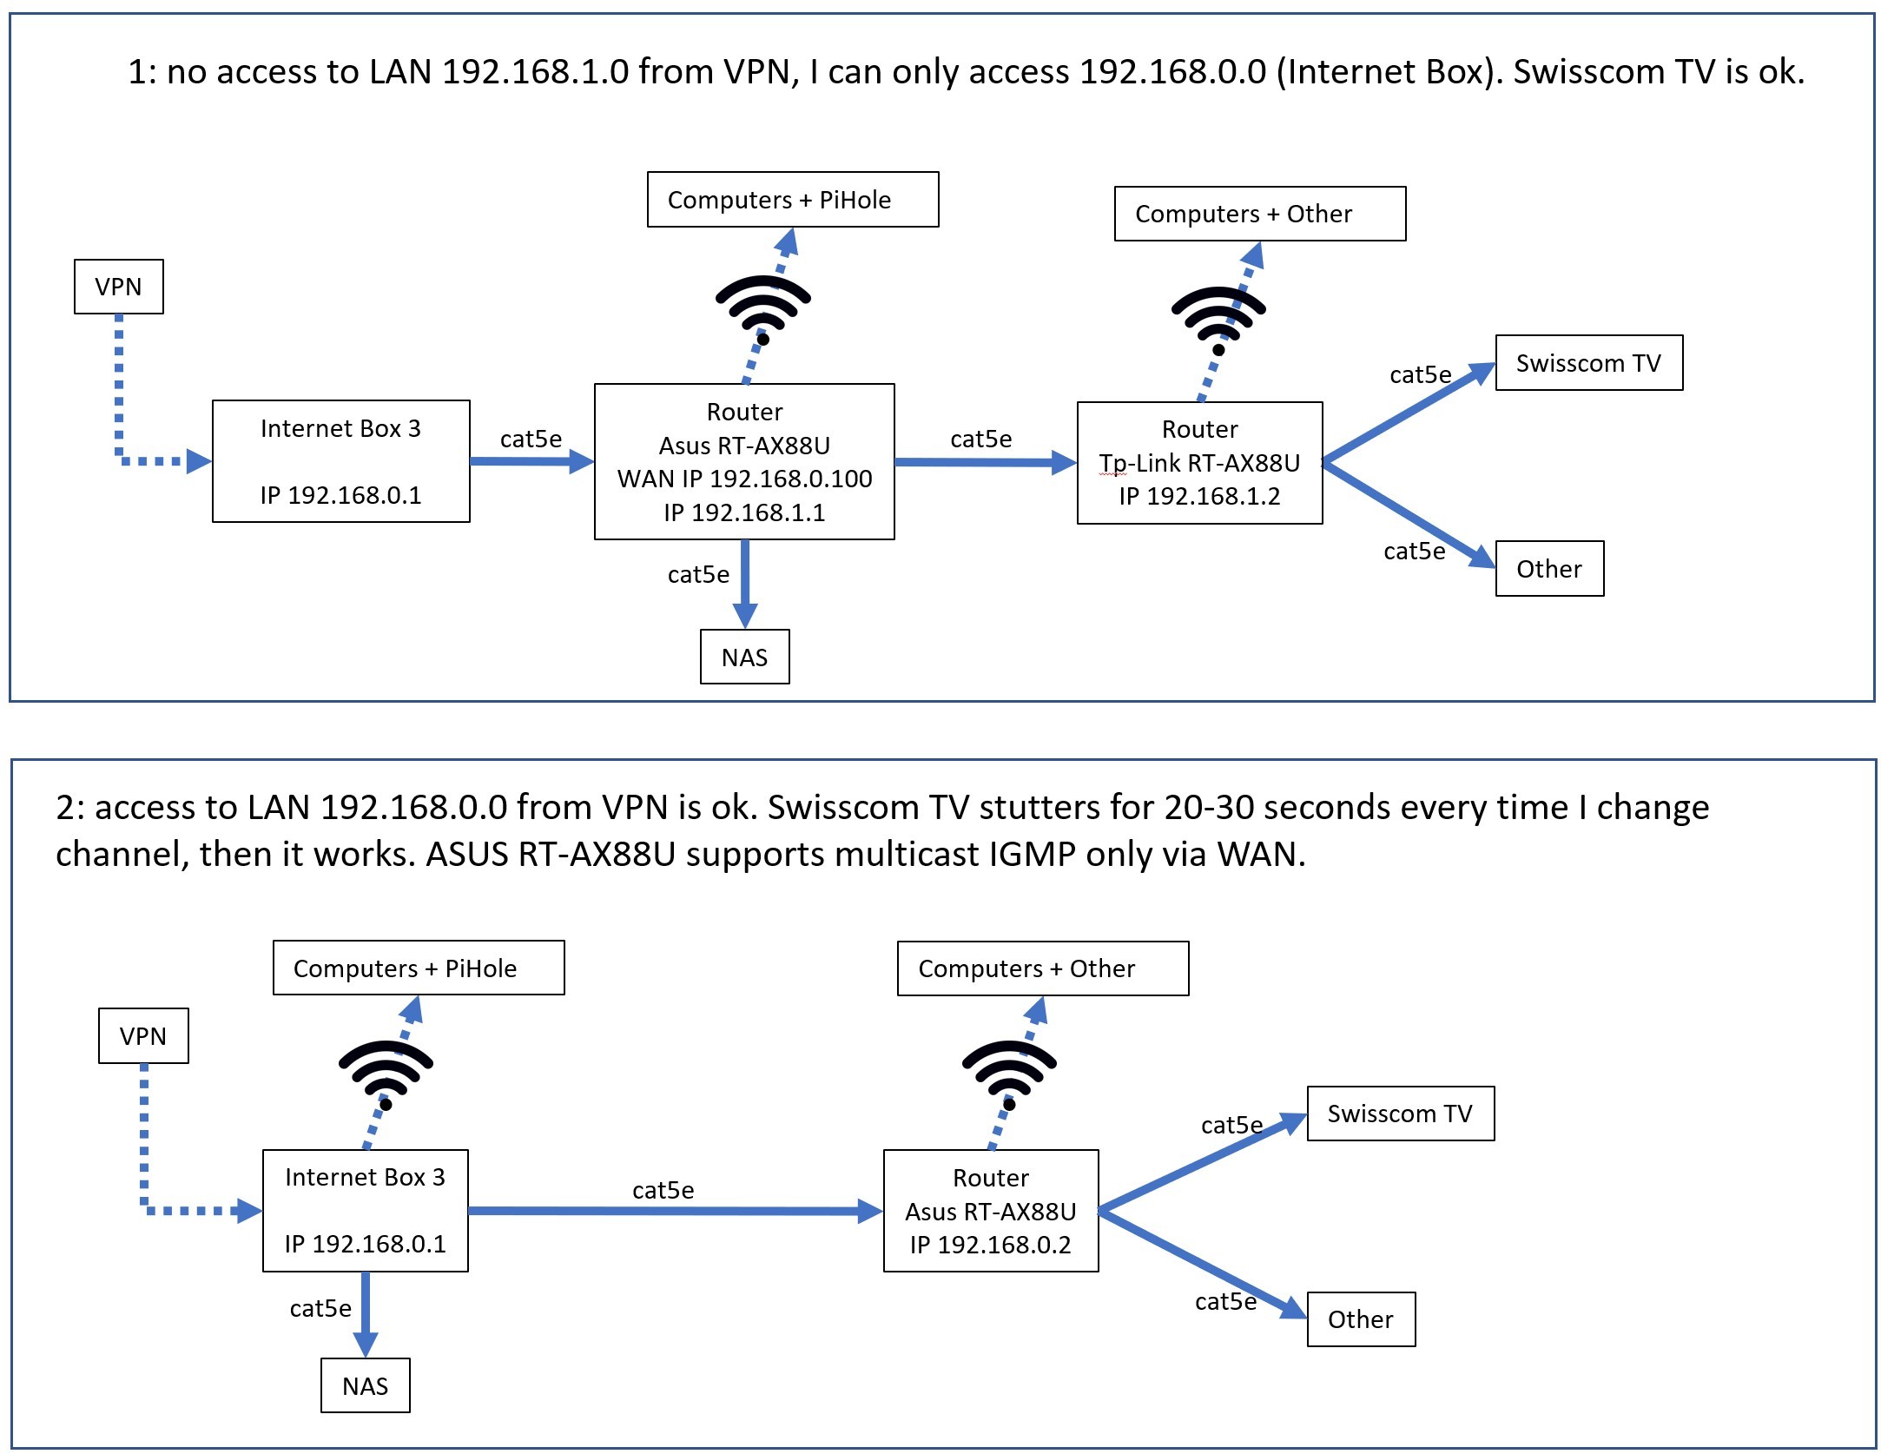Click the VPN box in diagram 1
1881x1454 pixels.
pos(118,287)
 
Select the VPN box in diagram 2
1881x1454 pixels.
pos(143,1035)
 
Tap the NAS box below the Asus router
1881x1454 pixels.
pos(744,658)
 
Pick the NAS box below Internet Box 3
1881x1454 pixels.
pos(365,1385)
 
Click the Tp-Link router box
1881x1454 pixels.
pos(1199,463)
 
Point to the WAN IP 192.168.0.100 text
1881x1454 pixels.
pos(744,479)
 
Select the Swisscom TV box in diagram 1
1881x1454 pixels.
pos(1588,363)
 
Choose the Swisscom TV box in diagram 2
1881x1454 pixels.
pos(1400,1114)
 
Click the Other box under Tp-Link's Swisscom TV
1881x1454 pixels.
pos(1549,569)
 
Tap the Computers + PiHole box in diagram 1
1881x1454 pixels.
pos(792,200)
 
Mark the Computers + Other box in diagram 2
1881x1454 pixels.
pos(1042,968)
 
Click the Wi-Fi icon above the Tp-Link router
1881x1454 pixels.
pos(1218,318)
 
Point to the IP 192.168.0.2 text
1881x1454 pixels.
pos(990,1245)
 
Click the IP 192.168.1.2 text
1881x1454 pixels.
pos(1199,496)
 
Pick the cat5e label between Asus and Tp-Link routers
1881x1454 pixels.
pos(980,439)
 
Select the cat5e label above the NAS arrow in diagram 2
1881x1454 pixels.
pos(320,1308)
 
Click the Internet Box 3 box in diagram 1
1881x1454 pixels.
pos(340,461)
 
